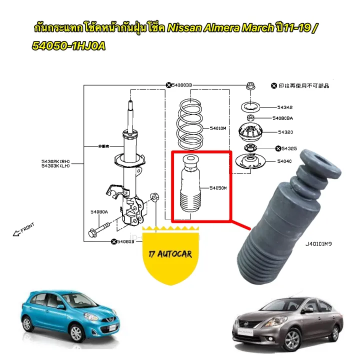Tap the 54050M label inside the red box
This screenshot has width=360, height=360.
click(218, 188)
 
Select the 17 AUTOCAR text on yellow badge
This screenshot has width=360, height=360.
click(170, 254)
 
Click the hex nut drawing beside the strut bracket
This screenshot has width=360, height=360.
click(155, 197)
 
